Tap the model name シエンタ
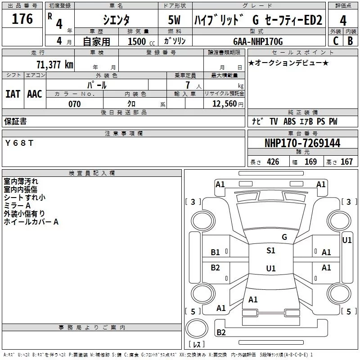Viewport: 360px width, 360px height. pos(116,20)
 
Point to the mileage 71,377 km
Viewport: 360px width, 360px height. pos(54,64)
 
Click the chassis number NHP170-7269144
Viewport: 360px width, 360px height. pos(302,143)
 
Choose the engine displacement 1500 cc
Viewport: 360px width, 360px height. pos(137,41)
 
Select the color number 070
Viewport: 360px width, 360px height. pos(74,104)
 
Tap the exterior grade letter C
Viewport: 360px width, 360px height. pos(335,41)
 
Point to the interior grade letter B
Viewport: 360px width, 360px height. pos(351,41)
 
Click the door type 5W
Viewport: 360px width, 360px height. pos(175,20)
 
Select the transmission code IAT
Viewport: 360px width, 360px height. pos(13,94)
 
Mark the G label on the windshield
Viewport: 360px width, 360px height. pos(284,237)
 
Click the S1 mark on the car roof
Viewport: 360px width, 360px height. pos(271,251)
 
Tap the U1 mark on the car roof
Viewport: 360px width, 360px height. pos(271,269)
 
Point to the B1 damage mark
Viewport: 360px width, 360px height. pos(216,252)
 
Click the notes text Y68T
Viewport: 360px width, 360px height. pos(18,143)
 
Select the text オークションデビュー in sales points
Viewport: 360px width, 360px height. pos(288,63)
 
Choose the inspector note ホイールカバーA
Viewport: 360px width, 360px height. pos(31,222)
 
